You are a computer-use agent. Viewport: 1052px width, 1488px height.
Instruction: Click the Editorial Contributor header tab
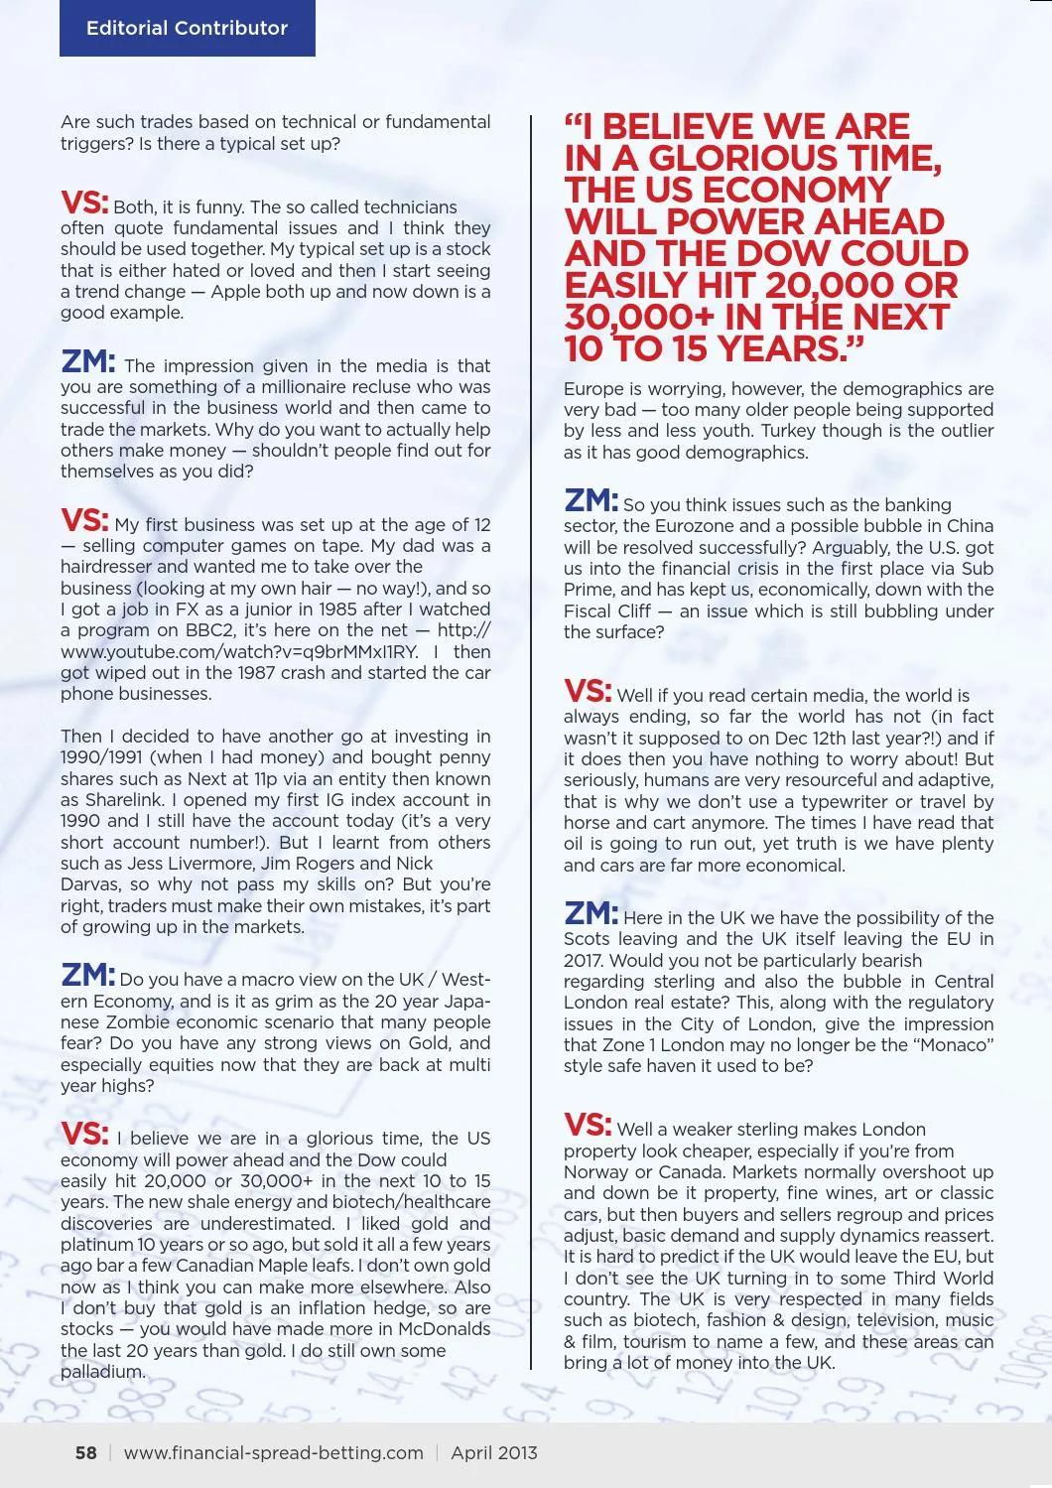[187, 28]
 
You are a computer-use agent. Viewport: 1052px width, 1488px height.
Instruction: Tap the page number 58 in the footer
[86, 1453]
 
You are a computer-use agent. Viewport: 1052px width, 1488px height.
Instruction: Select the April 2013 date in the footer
[494, 1453]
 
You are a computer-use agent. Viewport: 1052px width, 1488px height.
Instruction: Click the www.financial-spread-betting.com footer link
[274, 1453]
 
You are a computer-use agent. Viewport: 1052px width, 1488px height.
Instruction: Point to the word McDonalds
[444, 1329]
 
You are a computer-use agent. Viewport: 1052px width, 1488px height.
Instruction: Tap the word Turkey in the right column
[781, 431]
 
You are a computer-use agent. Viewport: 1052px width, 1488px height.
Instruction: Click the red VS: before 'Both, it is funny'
[84, 203]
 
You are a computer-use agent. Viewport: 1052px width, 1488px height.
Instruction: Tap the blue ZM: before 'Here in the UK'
[591, 914]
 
